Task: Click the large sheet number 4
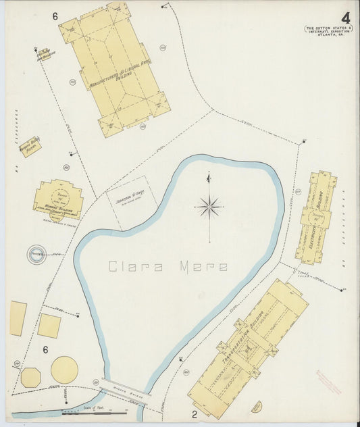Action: (x=345, y=18)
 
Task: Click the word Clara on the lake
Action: (x=134, y=266)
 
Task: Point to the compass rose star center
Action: (x=209, y=207)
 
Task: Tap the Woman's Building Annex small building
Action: (x=30, y=147)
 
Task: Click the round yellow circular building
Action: (x=64, y=370)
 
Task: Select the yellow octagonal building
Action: (x=30, y=377)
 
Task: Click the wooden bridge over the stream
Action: (x=124, y=391)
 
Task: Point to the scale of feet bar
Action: (x=95, y=412)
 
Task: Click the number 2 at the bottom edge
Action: (x=193, y=413)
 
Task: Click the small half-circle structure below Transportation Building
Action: (x=256, y=407)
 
